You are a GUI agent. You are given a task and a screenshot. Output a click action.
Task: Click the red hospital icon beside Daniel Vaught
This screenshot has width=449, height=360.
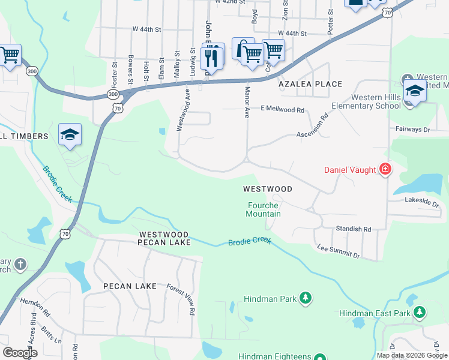pos(385,170)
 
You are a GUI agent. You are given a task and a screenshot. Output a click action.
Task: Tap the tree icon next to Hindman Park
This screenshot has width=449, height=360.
pos(306,298)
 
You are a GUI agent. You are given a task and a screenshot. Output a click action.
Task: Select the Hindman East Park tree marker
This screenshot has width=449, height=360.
pos(420,313)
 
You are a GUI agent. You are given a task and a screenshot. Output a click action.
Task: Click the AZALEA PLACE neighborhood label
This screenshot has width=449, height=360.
pos(310,85)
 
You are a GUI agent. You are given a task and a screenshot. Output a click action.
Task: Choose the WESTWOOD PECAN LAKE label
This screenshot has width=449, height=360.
pos(164,238)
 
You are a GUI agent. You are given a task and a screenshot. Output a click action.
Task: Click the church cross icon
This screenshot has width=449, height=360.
pos(20,264)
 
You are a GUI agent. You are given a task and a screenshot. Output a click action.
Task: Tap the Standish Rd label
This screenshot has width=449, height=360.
pos(354,229)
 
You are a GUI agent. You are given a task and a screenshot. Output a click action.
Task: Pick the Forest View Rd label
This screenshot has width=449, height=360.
pos(182,299)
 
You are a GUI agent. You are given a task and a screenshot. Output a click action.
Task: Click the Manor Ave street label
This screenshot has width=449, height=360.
pos(247,101)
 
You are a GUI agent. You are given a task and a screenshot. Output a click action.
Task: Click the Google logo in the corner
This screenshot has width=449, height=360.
pos(20,353)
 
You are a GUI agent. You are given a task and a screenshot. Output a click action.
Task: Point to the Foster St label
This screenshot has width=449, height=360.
pos(113,73)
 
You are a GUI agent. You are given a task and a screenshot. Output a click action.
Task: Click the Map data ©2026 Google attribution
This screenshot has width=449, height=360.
pos(412,355)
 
